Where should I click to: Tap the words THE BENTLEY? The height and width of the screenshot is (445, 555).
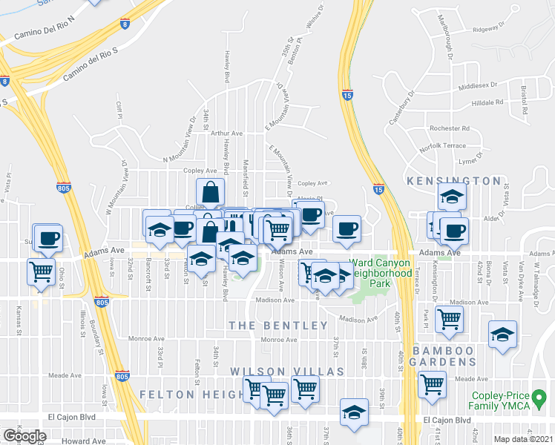[278, 326]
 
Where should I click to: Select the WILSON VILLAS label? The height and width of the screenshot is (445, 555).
[286, 371]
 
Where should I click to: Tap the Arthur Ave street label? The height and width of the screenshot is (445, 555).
[226, 133]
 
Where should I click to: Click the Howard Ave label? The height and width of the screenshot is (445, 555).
[84, 441]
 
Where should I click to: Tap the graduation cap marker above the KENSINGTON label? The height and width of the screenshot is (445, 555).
[451, 198]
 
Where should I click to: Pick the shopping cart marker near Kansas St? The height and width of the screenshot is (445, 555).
[41, 271]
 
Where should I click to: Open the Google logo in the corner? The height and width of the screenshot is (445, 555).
[24, 435]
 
